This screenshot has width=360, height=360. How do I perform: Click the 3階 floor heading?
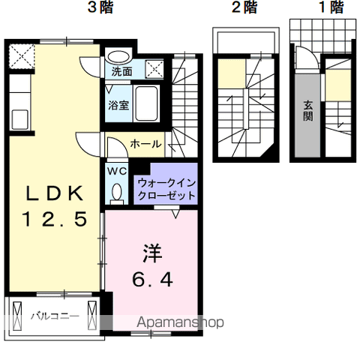100,7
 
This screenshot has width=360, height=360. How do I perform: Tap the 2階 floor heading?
244,7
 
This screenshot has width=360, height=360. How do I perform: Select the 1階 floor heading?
331,7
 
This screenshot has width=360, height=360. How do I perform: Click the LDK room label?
55,193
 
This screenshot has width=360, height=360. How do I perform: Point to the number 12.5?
55,219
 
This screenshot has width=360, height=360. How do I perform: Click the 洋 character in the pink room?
152,253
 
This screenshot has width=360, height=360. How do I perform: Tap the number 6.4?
152,280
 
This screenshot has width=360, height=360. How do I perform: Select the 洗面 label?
121,72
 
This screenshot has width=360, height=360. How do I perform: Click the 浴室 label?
118,105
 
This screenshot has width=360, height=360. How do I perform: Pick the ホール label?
145,144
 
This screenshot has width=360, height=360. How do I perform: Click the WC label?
117,171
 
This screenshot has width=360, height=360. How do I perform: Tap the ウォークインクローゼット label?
166,189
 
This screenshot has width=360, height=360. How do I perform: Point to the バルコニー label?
55,316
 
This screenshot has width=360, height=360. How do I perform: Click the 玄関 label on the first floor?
308,111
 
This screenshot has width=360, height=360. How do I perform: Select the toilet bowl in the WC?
117,193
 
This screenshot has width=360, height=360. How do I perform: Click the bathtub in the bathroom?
146,103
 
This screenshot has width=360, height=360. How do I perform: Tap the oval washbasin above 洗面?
118,57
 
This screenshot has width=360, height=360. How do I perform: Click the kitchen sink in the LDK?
20,119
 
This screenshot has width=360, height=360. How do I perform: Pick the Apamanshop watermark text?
180,322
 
